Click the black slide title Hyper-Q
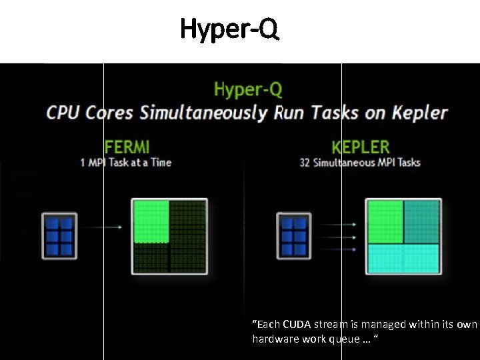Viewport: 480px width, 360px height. click(229, 29)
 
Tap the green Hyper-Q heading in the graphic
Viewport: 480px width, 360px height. click(248, 89)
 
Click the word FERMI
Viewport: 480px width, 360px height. click(127, 146)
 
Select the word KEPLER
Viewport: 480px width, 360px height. click(361, 146)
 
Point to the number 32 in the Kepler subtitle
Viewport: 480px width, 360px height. click(305, 163)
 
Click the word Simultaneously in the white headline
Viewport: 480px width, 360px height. click(203, 112)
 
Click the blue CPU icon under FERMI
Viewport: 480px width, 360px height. click(60, 235)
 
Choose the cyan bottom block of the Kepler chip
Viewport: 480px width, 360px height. click(403, 259)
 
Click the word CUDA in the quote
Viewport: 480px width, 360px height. click(296, 325)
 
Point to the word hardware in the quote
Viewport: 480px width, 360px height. click(274, 339)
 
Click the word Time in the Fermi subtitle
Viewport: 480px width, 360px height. click(161, 163)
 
